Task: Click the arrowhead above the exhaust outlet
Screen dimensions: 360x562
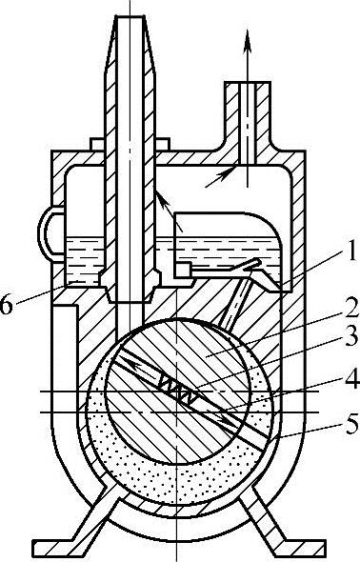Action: point(248,39)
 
